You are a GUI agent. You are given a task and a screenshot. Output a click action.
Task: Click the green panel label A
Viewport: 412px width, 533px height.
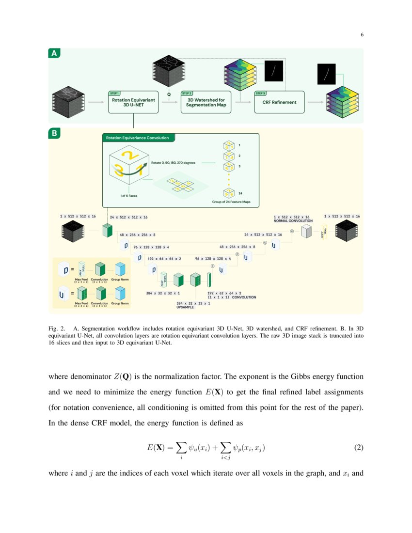pos(54,54)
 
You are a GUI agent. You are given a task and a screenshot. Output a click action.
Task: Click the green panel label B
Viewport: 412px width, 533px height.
pos(54,134)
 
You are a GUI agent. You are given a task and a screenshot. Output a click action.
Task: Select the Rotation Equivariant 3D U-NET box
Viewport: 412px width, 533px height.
pos(133,102)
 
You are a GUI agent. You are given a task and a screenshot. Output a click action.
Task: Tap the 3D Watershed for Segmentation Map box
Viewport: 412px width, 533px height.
pos(206,102)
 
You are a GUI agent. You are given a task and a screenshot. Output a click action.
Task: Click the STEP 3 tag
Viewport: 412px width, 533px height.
pos(261,94)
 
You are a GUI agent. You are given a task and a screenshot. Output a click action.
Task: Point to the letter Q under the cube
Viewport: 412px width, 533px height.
pos(169,88)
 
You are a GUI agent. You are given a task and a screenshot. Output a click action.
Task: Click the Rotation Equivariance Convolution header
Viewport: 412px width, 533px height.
pos(138,138)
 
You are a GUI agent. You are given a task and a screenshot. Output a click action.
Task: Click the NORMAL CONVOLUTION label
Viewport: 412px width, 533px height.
pos(293,220)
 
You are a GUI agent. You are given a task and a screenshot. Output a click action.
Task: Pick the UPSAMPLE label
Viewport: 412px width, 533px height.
pos(185,307)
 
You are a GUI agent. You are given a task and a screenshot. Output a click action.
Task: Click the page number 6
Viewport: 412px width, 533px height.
pos(362,34)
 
